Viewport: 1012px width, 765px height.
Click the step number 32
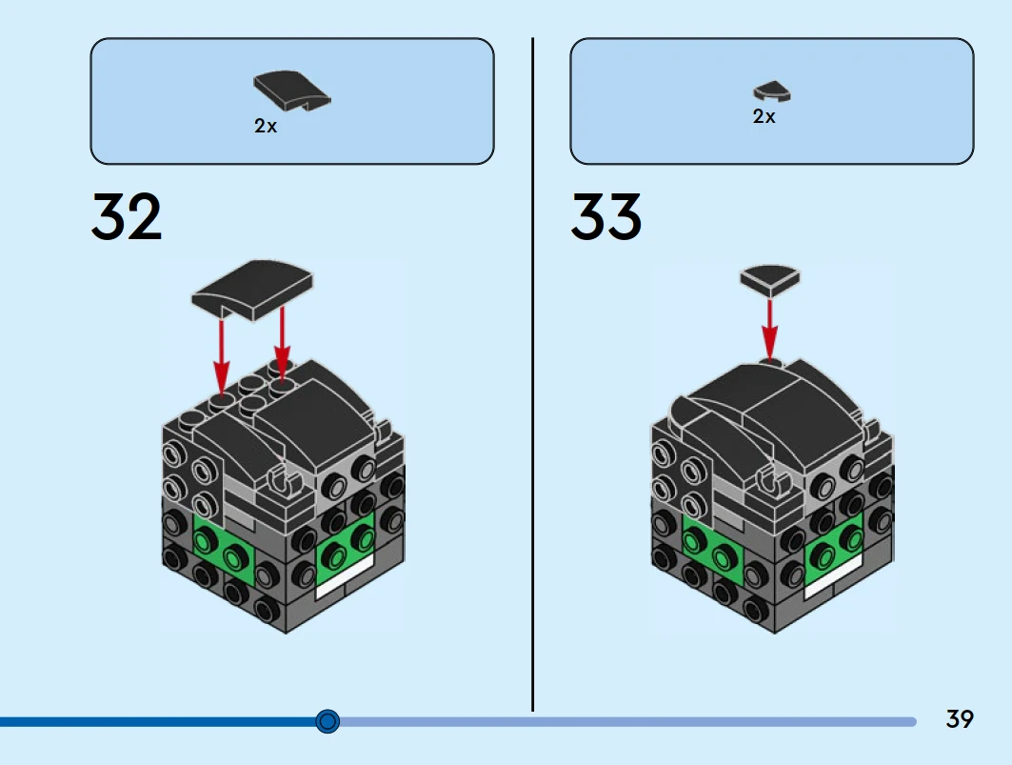(x=127, y=217)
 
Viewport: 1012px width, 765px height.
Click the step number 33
(x=606, y=217)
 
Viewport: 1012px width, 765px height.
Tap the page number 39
(x=960, y=719)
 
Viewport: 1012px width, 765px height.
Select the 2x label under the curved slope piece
(x=266, y=126)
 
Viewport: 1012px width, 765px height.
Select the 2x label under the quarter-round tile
(x=764, y=116)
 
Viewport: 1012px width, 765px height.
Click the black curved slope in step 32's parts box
(x=291, y=90)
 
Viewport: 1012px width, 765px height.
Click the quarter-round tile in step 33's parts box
(x=772, y=91)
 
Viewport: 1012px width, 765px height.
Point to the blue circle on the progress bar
(x=327, y=721)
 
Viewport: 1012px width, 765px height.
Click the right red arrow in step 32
(x=283, y=338)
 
